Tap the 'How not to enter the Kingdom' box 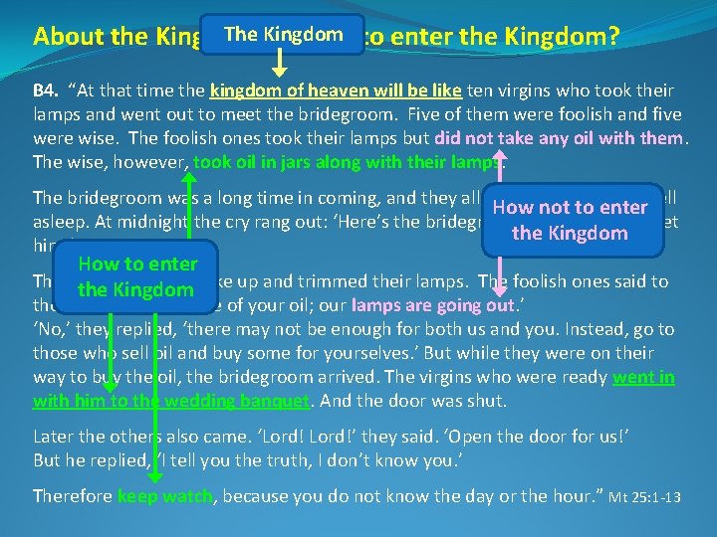point(570,220)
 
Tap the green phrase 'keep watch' point(165,495)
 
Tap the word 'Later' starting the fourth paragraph point(55,436)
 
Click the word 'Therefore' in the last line point(73,495)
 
